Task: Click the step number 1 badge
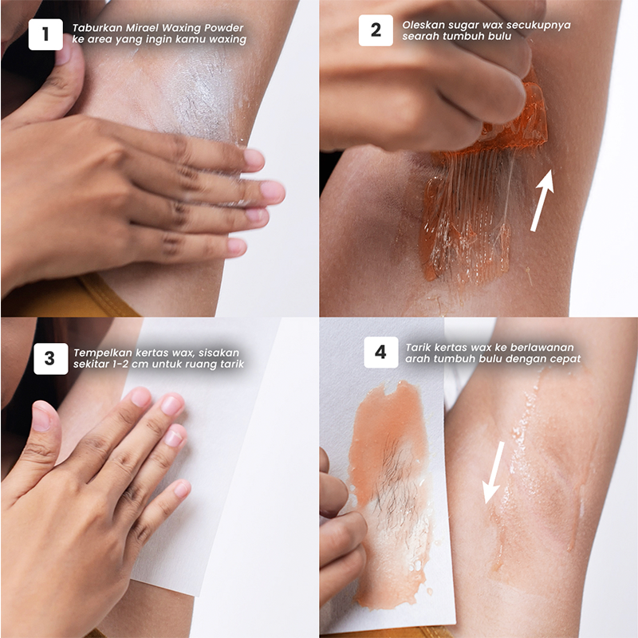[x=45, y=34]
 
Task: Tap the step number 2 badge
[x=376, y=30]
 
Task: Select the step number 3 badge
[x=51, y=358]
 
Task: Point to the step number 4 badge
[x=381, y=352]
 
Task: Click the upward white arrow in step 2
[x=543, y=201]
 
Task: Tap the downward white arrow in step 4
[x=494, y=472]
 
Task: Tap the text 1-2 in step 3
[x=123, y=364]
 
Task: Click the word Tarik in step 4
[x=417, y=348]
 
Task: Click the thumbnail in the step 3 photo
[x=41, y=416]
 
